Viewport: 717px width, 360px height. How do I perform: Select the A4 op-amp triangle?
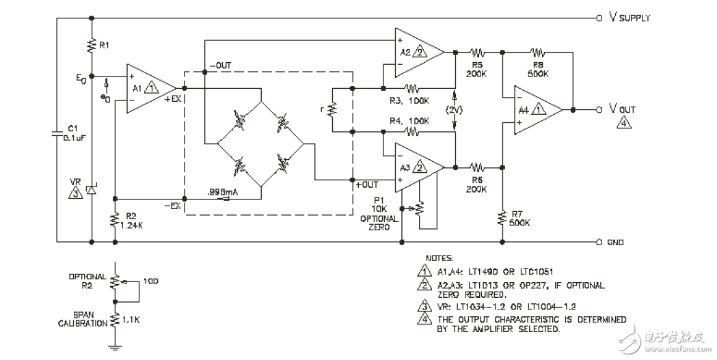click(537, 109)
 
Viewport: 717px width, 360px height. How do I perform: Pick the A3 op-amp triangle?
click(416, 167)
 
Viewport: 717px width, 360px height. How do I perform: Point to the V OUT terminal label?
click(623, 109)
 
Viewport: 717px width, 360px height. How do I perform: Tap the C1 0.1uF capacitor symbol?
click(56, 135)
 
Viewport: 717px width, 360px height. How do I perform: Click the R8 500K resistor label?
click(538, 67)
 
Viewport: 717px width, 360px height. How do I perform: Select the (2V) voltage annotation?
click(455, 109)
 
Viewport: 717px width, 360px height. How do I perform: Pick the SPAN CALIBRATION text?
click(87, 320)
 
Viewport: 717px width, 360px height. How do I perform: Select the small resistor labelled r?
click(333, 109)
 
